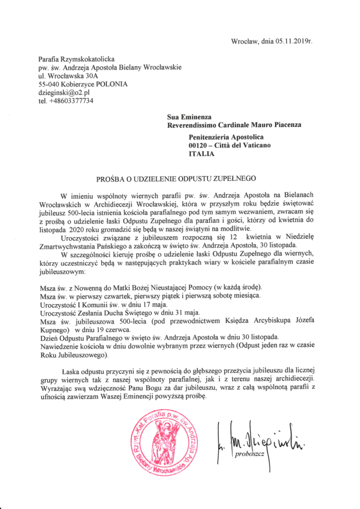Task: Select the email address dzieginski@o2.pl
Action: coord(65,92)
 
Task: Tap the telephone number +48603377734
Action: coord(72,101)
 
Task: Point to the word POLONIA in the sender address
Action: coord(112,84)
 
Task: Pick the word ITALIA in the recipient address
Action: coord(201,154)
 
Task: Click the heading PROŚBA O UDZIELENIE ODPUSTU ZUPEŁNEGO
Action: coord(180,177)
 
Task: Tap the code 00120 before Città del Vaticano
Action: coord(199,145)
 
